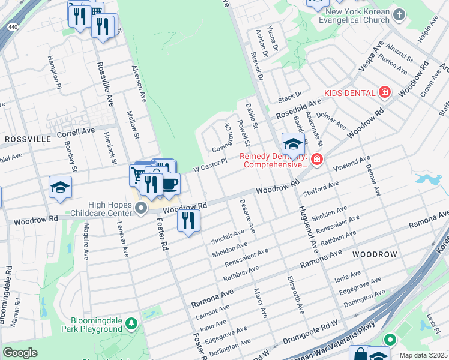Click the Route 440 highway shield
click(x=11, y=26)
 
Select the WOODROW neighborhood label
click(x=375, y=254)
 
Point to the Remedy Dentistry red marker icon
click(x=316, y=160)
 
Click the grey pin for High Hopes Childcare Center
click(x=141, y=209)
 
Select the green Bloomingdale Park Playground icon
click(x=131, y=325)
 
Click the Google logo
click(x=20, y=353)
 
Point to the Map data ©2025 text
click(x=423, y=355)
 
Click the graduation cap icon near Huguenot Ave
click(x=292, y=144)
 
